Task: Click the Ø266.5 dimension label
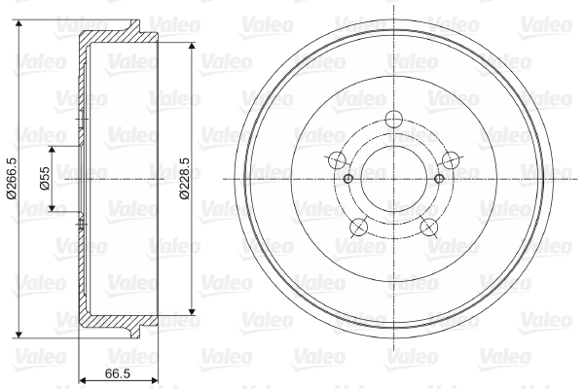click(x=12, y=178)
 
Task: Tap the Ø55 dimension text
click(x=45, y=178)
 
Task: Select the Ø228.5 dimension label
click(x=184, y=178)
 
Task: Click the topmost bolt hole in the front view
click(x=394, y=120)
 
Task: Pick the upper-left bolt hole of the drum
click(x=338, y=160)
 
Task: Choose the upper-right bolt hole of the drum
click(x=451, y=160)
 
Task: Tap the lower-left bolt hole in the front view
click(x=359, y=227)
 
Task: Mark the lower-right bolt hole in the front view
click(x=428, y=227)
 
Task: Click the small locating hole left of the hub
click(x=347, y=179)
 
